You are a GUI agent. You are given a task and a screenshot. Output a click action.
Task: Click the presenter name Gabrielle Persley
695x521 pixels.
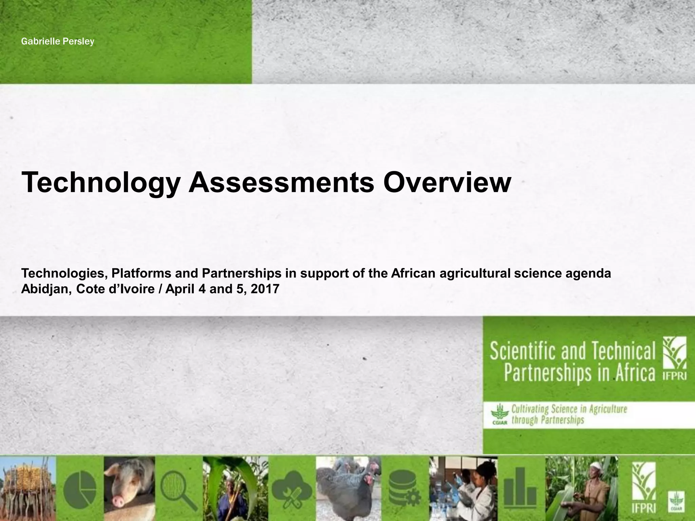57,42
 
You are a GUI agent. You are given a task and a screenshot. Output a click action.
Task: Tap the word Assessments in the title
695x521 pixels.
281,182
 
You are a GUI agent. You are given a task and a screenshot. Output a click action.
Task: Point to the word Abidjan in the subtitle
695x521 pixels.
46,289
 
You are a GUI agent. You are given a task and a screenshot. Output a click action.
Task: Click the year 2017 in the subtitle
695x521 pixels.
265,289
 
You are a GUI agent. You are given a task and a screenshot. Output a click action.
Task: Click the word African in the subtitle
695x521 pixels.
413,273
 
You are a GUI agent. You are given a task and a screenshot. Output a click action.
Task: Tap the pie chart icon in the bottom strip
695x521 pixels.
80,488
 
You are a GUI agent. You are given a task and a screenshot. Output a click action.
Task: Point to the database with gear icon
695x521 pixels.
404,488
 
